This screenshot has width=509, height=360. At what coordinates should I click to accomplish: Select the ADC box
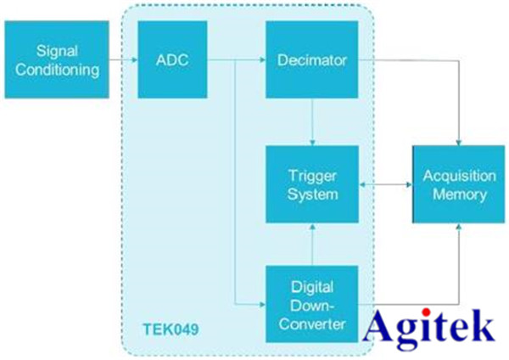173,60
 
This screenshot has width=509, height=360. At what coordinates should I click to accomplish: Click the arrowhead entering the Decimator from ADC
260,60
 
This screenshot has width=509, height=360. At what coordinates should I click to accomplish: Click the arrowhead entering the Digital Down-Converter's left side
260,303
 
